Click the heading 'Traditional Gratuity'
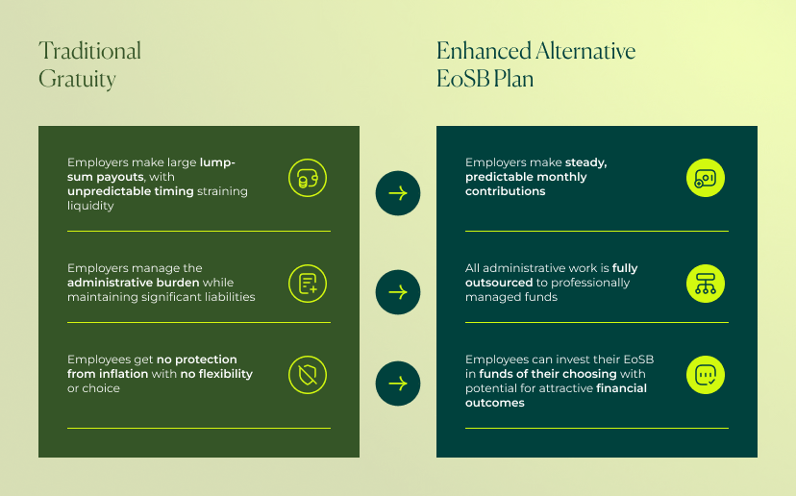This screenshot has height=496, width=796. click(89, 64)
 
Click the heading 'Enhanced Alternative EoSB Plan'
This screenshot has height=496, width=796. click(535, 64)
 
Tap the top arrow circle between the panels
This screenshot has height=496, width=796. click(398, 193)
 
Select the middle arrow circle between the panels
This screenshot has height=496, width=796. click(398, 292)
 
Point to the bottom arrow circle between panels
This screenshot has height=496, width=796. click(398, 384)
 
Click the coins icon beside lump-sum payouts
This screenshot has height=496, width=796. click(308, 178)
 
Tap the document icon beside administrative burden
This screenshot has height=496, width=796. click(308, 283)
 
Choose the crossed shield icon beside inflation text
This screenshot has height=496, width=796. click(308, 374)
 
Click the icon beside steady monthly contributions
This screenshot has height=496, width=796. click(705, 178)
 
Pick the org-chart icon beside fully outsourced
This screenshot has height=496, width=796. click(705, 283)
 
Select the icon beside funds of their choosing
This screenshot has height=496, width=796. click(705, 374)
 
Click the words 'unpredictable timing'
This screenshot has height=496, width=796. click(131, 191)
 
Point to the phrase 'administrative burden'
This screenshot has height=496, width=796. click(134, 283)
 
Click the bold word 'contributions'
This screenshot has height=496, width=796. click(505, 191)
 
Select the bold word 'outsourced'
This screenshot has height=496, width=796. click(498, 283)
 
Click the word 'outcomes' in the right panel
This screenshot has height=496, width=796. click(495, 403)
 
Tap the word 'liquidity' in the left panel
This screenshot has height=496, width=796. click(90, 206)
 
